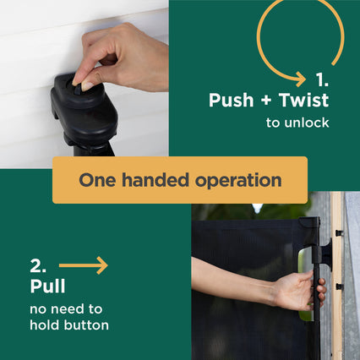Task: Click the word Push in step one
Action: pyautogui.click(x=231, y=101)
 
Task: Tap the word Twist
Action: pyautogui.click(x=303, y=100)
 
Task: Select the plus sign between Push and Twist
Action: pyautogui.click(x=266, y=101)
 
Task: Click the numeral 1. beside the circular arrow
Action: pyautogui.click(x=322, y=79)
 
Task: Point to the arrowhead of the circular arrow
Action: pyautogui.click(x=301, y=79)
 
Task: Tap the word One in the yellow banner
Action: pyautogui.click(x=97, y=180)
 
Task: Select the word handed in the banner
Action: pyautogui.click(x=155, y=180)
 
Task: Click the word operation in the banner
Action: pyautogui.click(x=238, y=181)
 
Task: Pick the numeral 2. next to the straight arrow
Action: pyautogui.click(x=38, y=265)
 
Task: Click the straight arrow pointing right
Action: pyautogui.click(x=84, y=265)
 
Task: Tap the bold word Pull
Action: pyautogui.click(x=47, y=286)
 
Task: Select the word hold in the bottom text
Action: pyautogui.click(x=45, y=325)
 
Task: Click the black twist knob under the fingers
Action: pyautogui.click(x=78, y=88)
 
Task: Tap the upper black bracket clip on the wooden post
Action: pyautogui.click(x=339, y=233)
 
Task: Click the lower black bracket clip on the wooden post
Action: pyautogui.click(x=340, y=286)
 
